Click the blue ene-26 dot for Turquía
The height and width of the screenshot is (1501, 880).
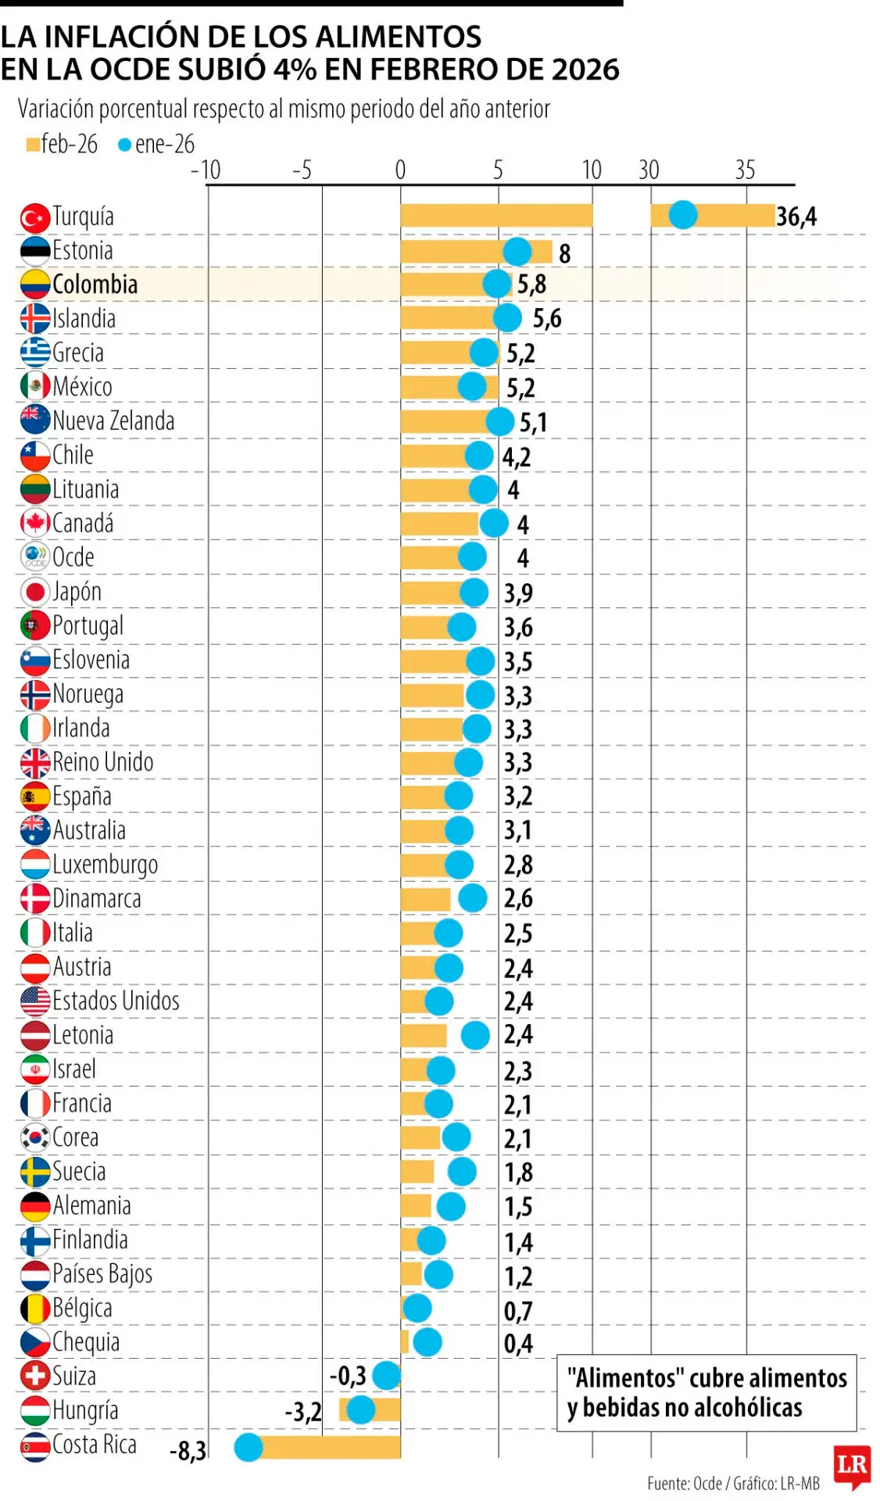682,214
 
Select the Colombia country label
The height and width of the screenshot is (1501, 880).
95,285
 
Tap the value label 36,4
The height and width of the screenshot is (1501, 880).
796,217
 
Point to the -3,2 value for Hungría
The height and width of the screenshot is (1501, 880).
303,1412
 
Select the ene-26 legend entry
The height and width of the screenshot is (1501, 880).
156,145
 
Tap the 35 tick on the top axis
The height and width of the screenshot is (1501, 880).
745,170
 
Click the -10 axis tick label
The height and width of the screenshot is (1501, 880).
206,170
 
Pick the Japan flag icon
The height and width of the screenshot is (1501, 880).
34,592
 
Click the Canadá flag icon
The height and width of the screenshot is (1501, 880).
34,523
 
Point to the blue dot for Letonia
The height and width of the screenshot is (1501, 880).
475,1035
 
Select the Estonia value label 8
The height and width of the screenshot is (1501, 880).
564,253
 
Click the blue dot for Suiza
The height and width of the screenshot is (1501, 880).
387,1375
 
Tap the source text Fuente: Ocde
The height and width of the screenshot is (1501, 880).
684,1483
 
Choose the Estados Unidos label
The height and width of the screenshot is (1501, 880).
116,1001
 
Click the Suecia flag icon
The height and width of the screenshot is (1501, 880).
34,1172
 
